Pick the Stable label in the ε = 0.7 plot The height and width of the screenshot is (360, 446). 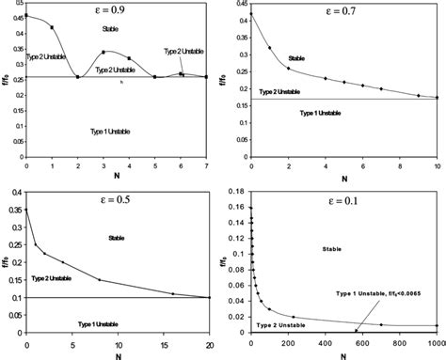[x=297, y=58]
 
